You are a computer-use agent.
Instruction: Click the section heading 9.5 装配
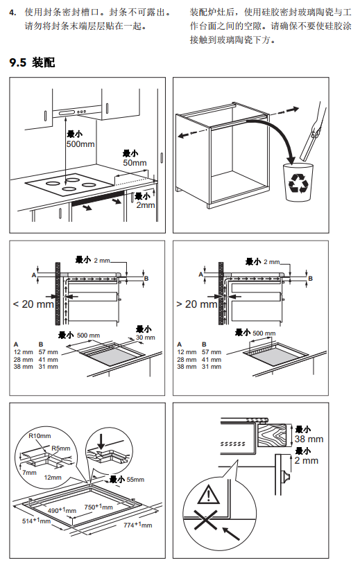point(32,62)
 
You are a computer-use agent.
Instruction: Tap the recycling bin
point(298,182)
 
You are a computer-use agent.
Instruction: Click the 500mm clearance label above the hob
point(80,144)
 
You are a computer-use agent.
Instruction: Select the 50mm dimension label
point(135,163)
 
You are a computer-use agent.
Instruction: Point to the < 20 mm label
point(33,304)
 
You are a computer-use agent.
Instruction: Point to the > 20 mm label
point(197,304)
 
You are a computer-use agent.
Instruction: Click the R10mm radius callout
point(40,436)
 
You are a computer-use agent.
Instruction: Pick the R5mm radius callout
point(61,448)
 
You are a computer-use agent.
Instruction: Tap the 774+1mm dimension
point(138,525)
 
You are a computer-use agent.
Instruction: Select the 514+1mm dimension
point(36,521)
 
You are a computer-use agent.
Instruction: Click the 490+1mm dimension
point(62,510)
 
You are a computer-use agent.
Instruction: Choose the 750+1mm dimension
point(98,507)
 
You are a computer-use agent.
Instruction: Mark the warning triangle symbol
point(208,494)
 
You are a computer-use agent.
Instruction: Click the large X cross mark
point(206,521)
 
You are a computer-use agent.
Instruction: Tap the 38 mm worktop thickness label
point(309,439)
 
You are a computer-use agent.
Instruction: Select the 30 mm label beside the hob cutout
point(145,338)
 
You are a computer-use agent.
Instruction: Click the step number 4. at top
point(12,12)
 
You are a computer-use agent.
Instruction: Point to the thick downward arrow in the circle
point(101,441)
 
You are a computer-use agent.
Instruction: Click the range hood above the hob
point(76,112)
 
